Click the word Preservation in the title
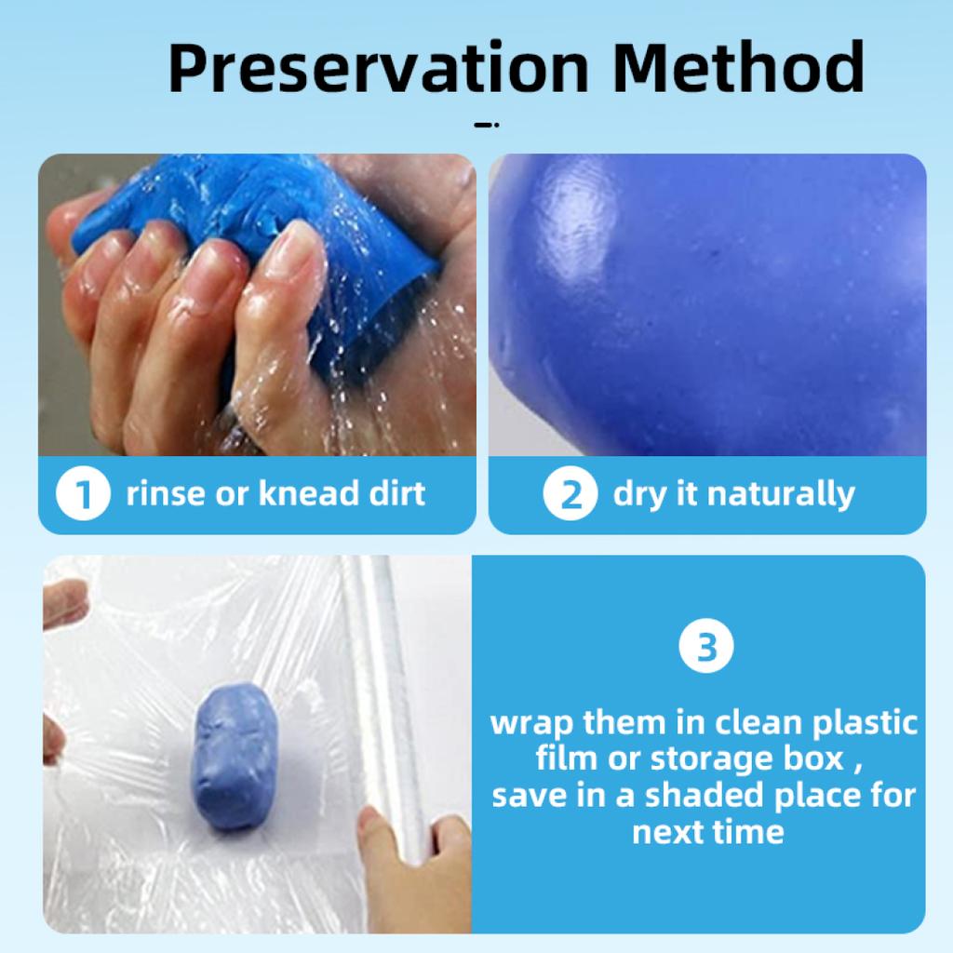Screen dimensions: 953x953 tap(378, 67)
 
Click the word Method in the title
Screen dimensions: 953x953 tap(738, 67)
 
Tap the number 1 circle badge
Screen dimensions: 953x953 tap(83, 493)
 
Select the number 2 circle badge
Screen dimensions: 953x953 tap(570, 493)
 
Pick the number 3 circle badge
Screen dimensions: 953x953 tap(706, 646)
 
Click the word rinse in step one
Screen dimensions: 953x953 tap(166, 493)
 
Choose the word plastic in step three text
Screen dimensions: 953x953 tap(865, 722)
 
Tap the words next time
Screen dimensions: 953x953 tap(708, 831)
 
